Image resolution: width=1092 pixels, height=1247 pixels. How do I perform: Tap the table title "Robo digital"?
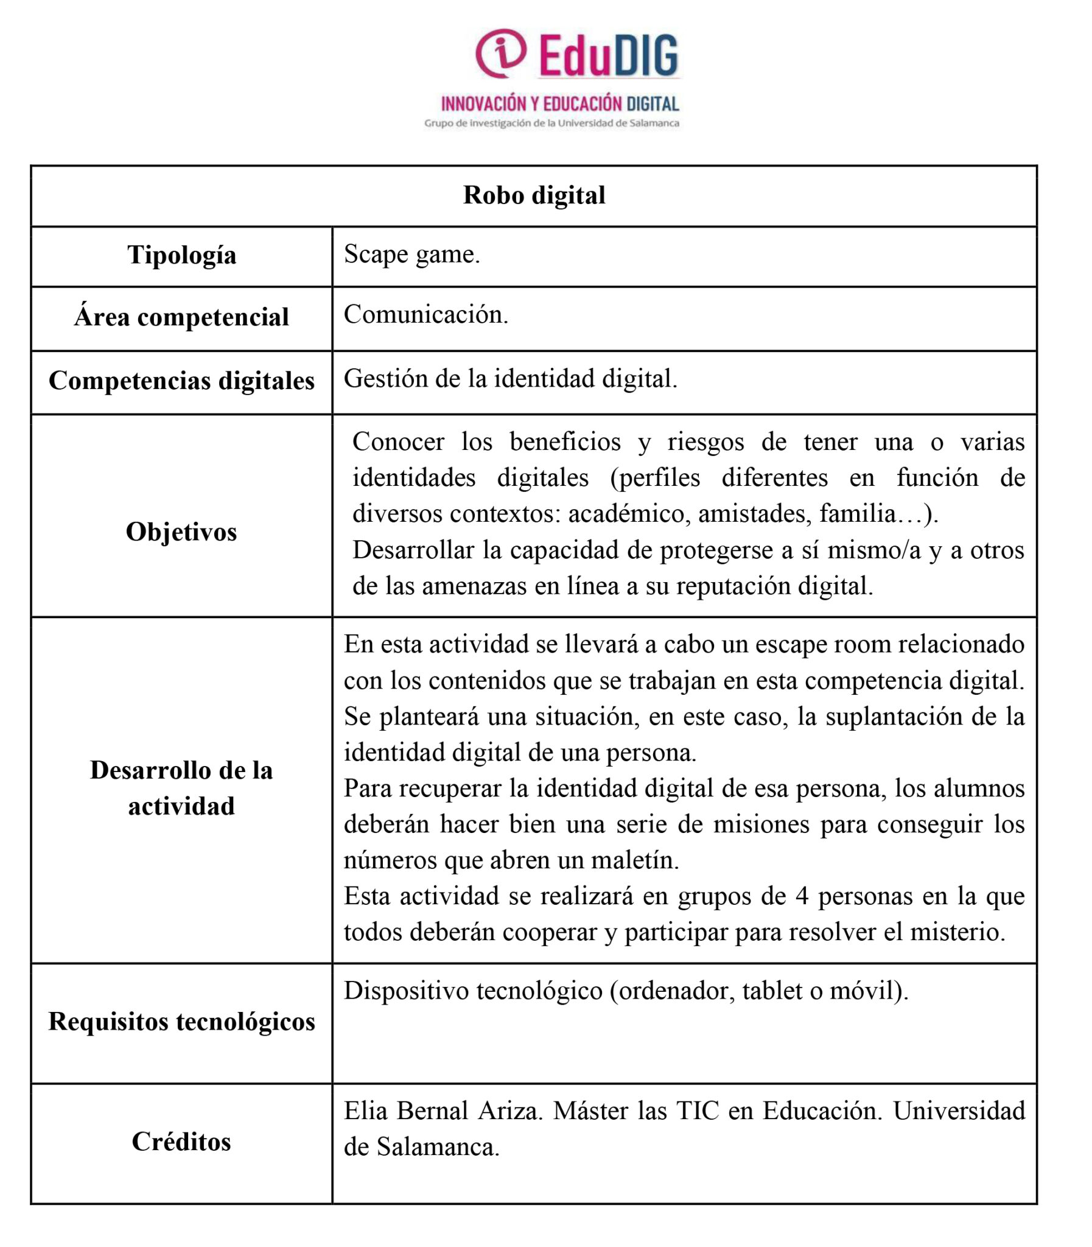pos(534,195)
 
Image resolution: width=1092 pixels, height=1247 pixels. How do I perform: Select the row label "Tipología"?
pos(181,255)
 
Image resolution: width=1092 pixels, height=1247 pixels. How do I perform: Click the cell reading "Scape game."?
pos(412,254)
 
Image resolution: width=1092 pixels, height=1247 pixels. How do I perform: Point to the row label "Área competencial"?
pos(181,317)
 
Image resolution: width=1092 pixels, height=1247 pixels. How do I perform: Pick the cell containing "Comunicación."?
pos(425,315)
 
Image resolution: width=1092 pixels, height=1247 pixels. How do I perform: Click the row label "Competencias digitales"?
pos(181,381)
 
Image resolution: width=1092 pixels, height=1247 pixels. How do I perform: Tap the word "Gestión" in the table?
pos(385,379)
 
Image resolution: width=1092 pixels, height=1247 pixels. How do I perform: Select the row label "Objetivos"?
pos(181,532)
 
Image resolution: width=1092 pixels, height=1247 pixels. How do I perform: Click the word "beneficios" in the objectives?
pos(565,442)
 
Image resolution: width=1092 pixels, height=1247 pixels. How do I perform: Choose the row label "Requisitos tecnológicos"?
pos(181,1022)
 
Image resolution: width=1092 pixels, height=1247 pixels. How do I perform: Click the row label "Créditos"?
pos(181,1142)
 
